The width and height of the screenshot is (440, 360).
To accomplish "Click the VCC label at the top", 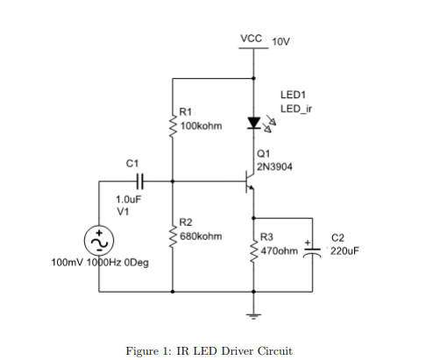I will [252, 39].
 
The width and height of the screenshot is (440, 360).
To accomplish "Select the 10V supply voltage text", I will [281, 42].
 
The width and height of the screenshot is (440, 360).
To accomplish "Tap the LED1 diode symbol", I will [254, 124].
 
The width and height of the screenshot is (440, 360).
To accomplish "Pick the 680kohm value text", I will [201, 236].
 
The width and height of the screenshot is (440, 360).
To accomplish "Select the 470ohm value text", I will [280, 250].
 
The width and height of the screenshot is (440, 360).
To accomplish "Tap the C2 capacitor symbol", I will [312, 251].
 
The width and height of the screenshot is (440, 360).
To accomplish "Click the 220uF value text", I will [344, 250].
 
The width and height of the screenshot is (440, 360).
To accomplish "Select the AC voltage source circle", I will [98, 239].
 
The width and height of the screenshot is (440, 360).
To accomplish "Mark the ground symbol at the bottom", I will [254, 314].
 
